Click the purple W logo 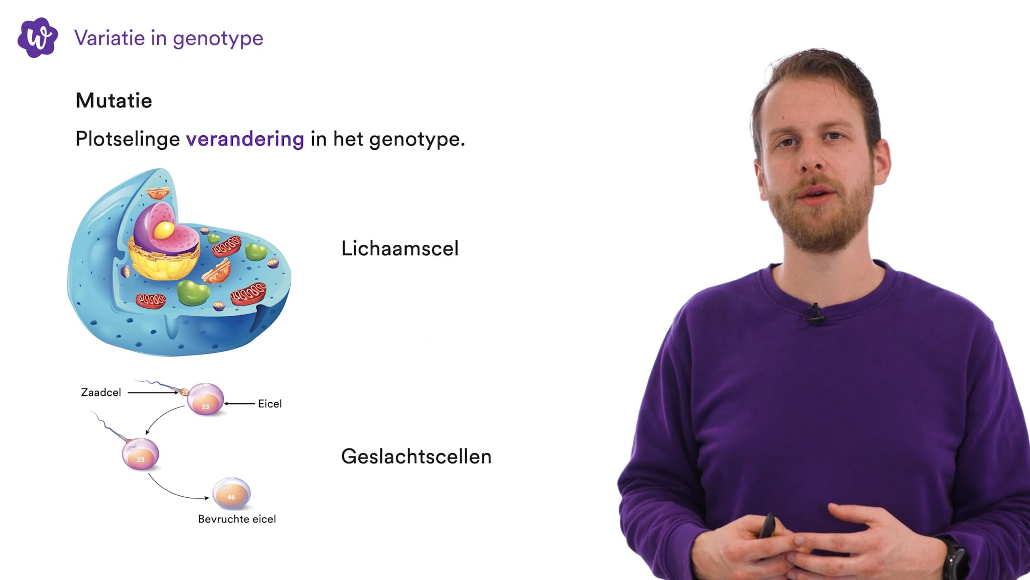[38, 38]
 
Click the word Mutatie [114, 100]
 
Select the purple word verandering [245, 139]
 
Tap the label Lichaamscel [400, 248]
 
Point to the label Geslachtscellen [416, 456]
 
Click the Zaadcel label [101, 393]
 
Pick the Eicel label [270, 404]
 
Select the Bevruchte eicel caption [237, 519]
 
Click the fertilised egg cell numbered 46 [231, 494]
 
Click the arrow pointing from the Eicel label [240, 403]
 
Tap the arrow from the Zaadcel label [153, 393]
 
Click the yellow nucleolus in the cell [164, 230]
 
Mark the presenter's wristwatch [955, 559]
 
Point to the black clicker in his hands [768, 526]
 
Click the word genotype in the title [218, 39]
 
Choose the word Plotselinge [128, 139]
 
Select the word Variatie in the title [109, 38]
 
